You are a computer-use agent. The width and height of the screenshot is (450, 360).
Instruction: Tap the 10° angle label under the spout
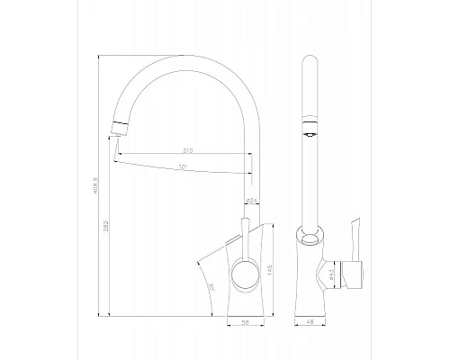(x=184, y=167)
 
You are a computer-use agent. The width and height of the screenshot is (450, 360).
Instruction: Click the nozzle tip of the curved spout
(x=114, y=132)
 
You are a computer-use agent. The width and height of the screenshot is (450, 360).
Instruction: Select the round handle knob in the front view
(x=242, y=274)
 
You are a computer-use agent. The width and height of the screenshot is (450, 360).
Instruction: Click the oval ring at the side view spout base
(x=312, y=238)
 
